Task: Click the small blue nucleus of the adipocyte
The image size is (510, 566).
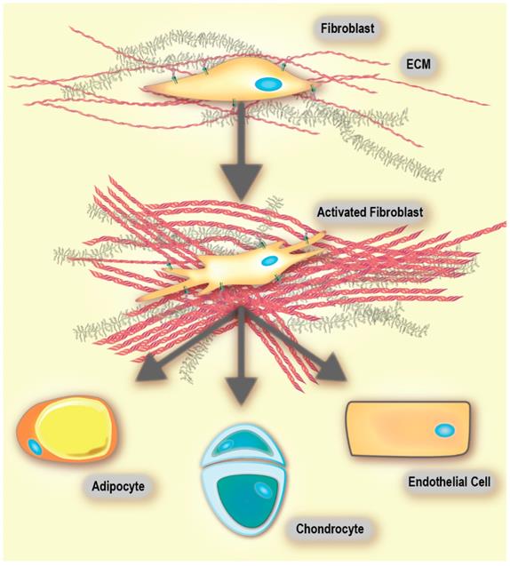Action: point(35,444)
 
